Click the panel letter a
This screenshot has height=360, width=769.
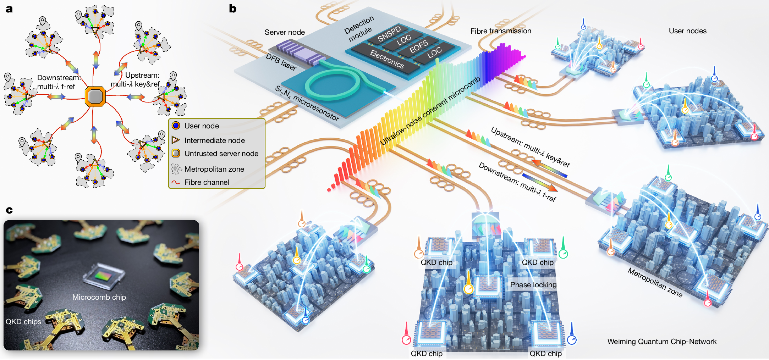point(9,9)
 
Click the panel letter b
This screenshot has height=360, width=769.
point(232,9)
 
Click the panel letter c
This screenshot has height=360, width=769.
point(9,210)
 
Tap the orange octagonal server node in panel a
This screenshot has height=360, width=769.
point(95,96)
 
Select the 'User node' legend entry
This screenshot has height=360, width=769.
point(201,126)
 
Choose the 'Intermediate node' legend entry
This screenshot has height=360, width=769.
point(214,140)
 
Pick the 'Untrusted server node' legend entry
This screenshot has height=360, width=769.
point(221,154)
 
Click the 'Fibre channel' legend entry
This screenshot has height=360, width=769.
point(207,182)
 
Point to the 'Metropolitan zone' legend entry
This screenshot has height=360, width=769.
point(214,169)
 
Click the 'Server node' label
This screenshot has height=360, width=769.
point(285,32)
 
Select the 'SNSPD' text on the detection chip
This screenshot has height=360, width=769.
point(389,34)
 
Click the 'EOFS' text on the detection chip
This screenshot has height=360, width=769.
point(419,47)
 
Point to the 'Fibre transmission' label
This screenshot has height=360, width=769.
point(501,31)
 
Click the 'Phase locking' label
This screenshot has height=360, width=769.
point(533,285)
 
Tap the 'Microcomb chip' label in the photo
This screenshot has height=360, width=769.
point(99,297)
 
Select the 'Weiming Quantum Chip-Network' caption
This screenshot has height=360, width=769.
point(662,342)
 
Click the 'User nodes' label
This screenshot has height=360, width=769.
point(687,31)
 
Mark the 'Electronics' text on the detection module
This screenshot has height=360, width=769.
point(387,59)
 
